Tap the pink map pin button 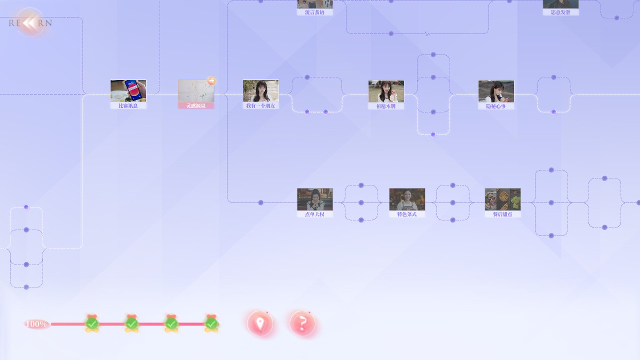[260, 323]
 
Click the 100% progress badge [36, 324]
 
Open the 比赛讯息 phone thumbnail [128, 91]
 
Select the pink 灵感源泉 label [196, 106]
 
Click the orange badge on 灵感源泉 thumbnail [211, 80]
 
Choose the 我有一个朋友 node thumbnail [260, 91]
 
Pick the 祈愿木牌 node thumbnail [386, 91]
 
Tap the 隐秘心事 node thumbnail [496, 91]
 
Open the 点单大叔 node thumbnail [314, 199]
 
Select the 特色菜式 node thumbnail [407, 199]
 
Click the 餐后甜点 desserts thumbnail [502, 199]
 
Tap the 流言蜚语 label [315, 12]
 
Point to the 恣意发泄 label [560, 12]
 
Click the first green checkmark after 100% [92, 323]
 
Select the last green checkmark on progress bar [211, 323]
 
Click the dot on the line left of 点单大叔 [260, 202]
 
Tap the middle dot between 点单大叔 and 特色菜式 [361, 202]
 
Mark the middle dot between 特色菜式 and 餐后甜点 [453, 202]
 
